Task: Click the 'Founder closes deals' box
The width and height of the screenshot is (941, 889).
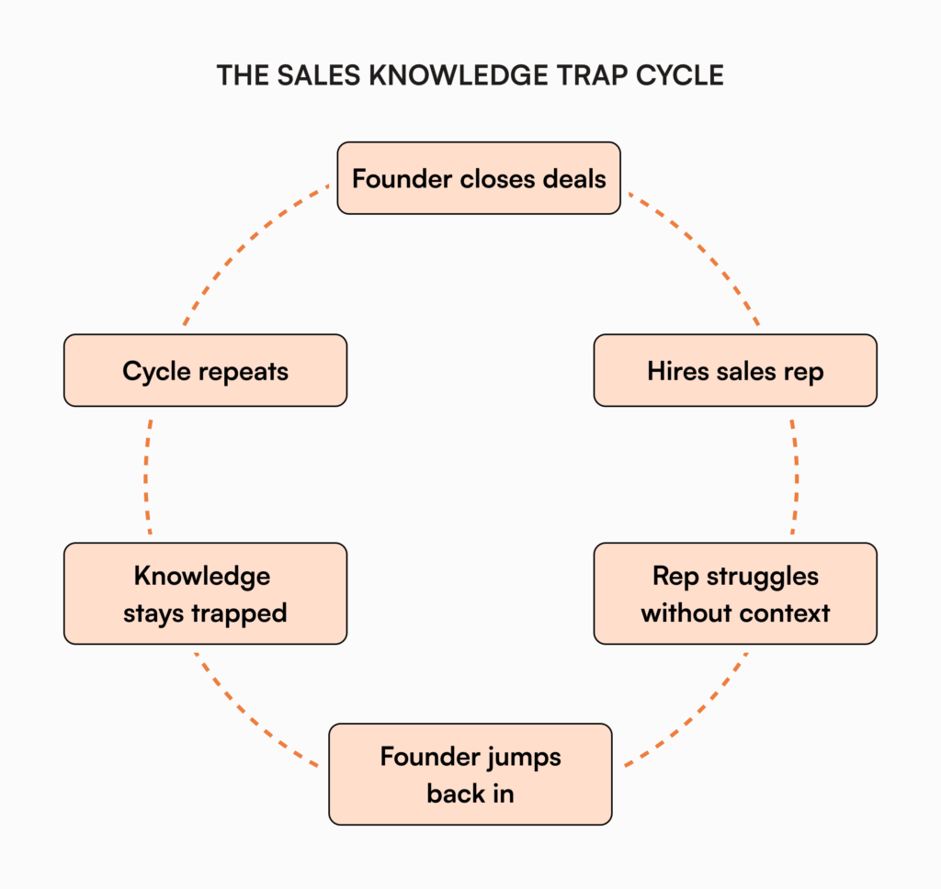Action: click(479, 178)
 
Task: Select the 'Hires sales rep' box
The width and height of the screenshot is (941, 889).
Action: click(735, 370)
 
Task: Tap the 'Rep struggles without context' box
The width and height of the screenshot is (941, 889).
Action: click(735, 593)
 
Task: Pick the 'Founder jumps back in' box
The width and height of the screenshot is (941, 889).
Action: click(470, 774)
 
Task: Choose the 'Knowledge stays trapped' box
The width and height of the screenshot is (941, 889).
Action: click(205, 593)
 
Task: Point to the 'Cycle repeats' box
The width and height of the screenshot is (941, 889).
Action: click(205, 370)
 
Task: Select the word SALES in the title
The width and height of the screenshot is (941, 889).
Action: click(312, 75)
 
